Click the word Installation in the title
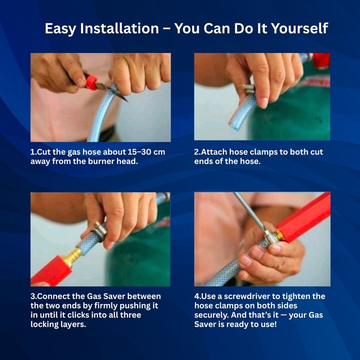coord(119,28)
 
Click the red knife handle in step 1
coord(91,82)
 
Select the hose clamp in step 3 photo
coord(99,231)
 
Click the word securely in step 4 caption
coord(211,315)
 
